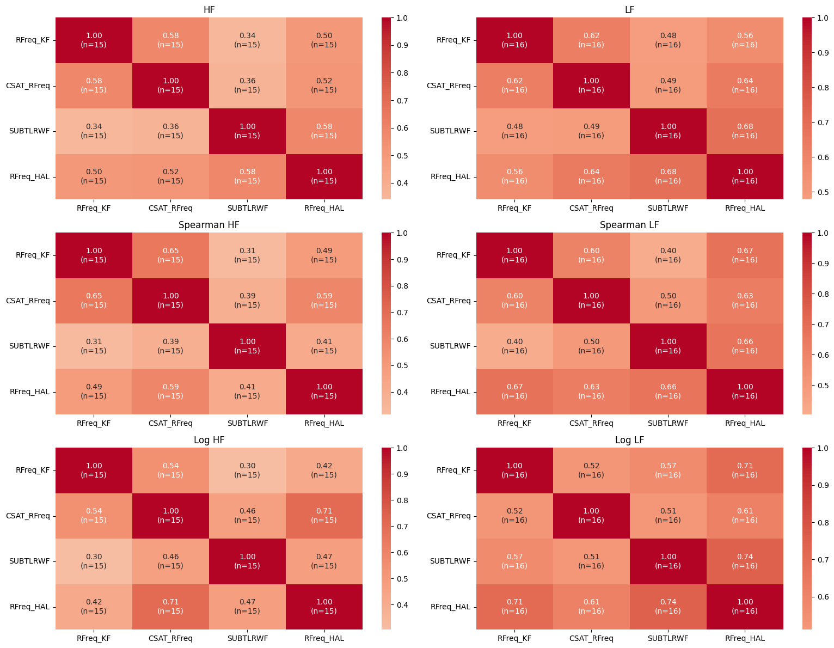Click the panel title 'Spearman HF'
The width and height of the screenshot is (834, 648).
(209, 225)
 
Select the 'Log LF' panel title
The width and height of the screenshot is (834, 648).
(630, 440)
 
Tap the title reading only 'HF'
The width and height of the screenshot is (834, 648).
(209, 10)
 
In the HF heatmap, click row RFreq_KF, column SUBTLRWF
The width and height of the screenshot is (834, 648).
(247, 40)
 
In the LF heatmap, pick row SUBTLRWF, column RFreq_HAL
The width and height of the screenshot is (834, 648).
(745, 131)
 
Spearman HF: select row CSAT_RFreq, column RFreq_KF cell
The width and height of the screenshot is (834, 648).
(94, 301)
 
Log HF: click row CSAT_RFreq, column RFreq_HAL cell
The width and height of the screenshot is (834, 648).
(324, 516)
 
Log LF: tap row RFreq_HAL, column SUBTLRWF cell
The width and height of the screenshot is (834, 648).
(668, 607)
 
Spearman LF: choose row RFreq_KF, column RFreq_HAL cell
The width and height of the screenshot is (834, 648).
(745, 255)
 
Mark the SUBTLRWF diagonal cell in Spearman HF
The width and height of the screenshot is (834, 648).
(247, 346)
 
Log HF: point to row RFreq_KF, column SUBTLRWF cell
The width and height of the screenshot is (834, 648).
(247, 470)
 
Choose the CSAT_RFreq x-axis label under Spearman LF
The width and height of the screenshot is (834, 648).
(591, 423)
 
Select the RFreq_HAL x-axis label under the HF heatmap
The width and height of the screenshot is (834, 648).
(324, 208)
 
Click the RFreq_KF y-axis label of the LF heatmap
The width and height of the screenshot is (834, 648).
(453, 40)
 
